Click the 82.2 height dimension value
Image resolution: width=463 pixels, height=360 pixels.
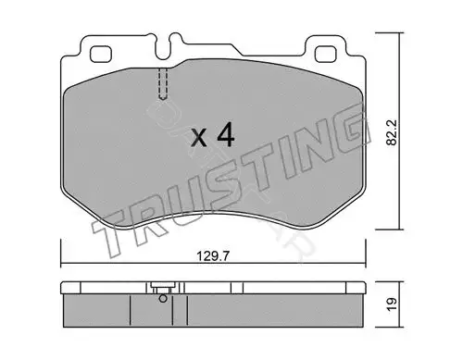(392, 132)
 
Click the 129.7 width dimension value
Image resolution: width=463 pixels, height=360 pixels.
(213, 255)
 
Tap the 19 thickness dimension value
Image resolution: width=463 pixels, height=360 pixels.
(392, 304)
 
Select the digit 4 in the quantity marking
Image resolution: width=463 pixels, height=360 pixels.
(226, 135)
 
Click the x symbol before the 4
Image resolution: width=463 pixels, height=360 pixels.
(199, 138)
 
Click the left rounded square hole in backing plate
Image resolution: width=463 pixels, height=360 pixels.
(100, 54)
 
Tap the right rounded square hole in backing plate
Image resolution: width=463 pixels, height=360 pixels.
(325, 54)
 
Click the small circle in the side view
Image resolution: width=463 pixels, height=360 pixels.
(163, 299)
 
